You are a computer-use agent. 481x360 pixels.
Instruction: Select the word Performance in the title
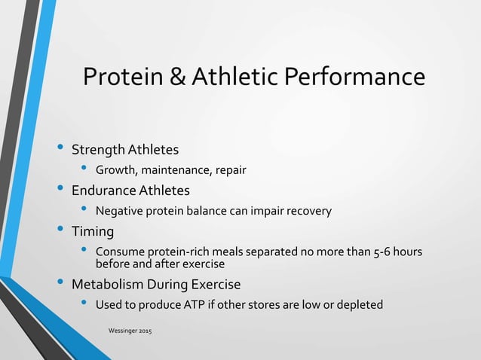coord(353,78)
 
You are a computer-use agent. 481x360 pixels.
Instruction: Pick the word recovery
coord(308,211)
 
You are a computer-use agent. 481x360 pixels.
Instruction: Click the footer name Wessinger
coord(122,331)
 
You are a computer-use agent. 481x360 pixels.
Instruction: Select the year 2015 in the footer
coord(143,331)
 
